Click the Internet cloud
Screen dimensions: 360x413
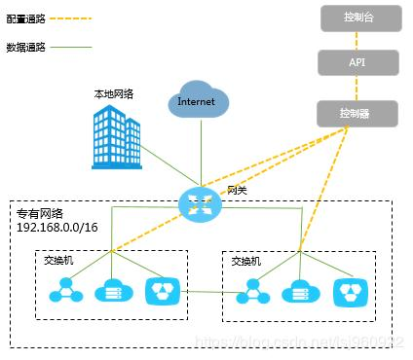click(198, 101)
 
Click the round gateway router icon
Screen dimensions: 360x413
click(201, 202)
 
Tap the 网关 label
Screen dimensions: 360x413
click(238, 190)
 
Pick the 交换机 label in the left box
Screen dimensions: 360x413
click(59, 260)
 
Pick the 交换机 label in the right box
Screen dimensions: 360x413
click(245, 261)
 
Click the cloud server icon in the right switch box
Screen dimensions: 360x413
click(298, 292)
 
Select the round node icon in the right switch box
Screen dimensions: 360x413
click(252, 291)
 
